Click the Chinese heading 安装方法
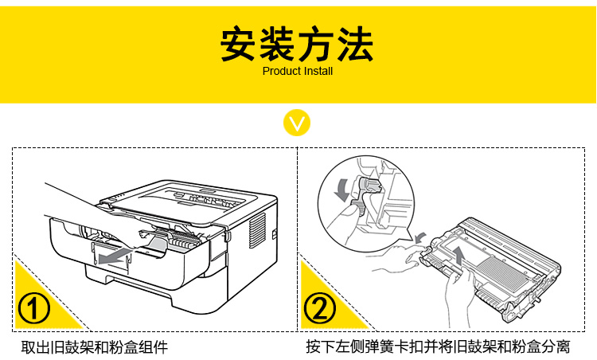click(298, 45)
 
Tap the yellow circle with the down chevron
click(298, 124)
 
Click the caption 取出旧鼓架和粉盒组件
click(94, 347)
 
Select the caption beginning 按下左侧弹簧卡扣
click(438, 347)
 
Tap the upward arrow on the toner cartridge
click(458, 256)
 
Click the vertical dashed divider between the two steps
click(298, 239)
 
